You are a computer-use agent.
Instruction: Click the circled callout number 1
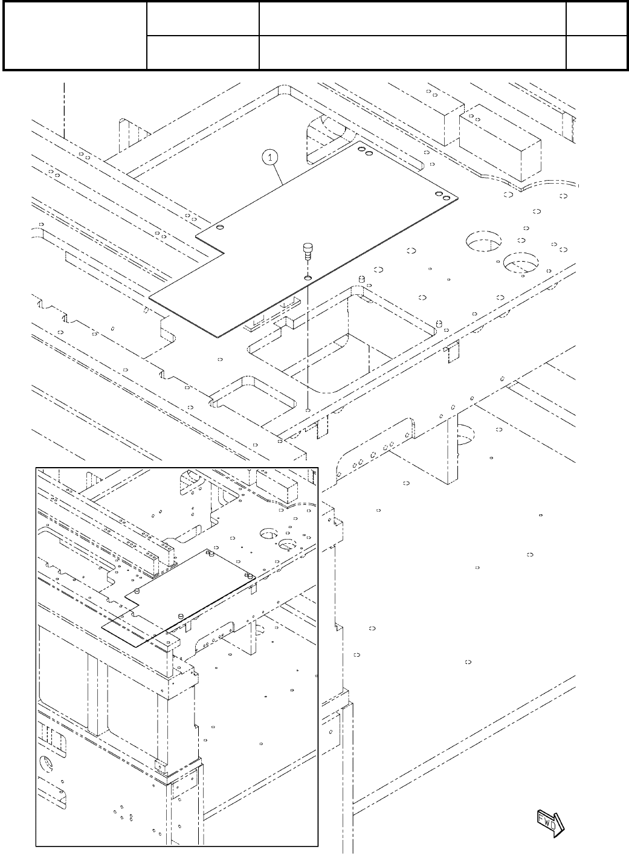[x=270, y=157]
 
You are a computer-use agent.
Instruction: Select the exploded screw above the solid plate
[x=308, y=250]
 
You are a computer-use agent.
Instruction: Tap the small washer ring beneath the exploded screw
[x=308, y=277]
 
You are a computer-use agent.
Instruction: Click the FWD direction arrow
[x=550, y=821]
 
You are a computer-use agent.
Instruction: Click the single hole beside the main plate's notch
[x=220, y=227]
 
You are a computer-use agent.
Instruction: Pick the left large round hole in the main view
[x=483, y=240]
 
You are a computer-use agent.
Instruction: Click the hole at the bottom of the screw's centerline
[x=308, y=409]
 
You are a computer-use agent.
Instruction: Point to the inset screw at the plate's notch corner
[x=138, y=590]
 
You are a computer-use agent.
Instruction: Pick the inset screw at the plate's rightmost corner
[x=248, y=576]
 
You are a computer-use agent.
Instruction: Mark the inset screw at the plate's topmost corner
[x=209, y=552]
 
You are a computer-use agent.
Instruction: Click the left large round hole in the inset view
[x=268, y=534]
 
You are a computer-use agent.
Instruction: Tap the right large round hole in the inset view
[x=288, y=544]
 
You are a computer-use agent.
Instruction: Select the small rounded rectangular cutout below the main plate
[x=253, y=393]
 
